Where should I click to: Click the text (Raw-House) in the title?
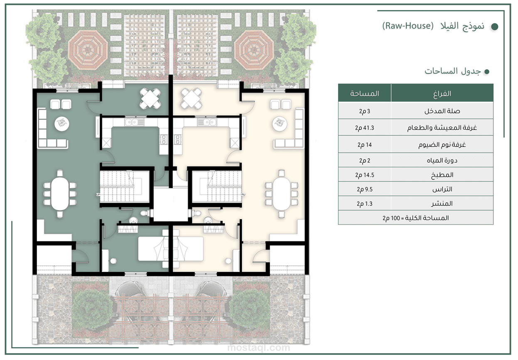(x=408, y=26)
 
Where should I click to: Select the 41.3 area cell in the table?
(x=364, y=127)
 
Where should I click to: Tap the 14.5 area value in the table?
(x=364, y=175)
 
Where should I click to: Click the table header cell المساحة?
(x=364, y=93)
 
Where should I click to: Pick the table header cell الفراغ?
(x=442, y=93)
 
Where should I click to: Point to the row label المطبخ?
(x=442, y=175)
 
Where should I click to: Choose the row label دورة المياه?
(x=442, y=160)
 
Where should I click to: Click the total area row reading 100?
(x=415, y=218)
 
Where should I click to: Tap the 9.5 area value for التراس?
(x=364, y=189)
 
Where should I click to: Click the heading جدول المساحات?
(x=452, y=71)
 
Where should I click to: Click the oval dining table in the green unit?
(x=60, y=194)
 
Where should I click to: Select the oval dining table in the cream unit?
(x=281, y=194)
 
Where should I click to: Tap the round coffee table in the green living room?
(x=62, y=124)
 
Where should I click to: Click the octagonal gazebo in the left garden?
(x=88, y=50)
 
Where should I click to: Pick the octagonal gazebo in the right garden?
(x=254, y=50)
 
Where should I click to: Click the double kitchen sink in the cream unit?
(x=207, y=122)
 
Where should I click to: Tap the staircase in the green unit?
(x=125, y=186)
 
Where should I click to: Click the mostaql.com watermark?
(x=258, y=348)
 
